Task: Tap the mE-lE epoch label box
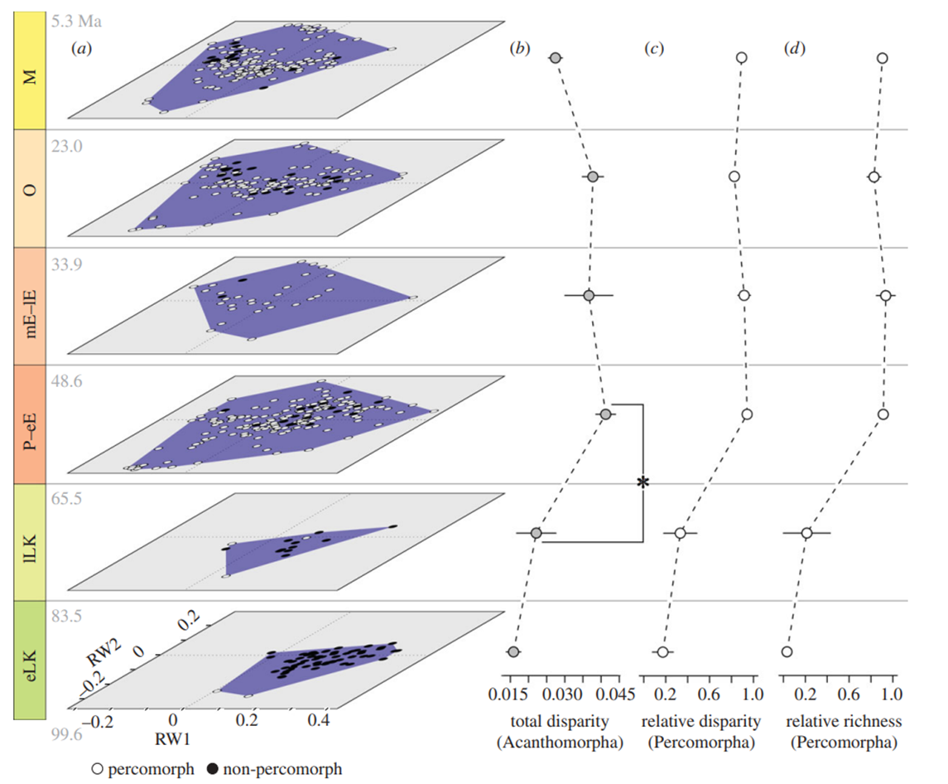click(30, 307)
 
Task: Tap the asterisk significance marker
click(642, 482)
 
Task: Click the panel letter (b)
click(519, 49)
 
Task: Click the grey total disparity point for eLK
click(513, 651)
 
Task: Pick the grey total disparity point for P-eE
click(605, 414)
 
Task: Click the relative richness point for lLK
click(806, 533)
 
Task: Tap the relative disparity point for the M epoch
click(742, 57)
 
